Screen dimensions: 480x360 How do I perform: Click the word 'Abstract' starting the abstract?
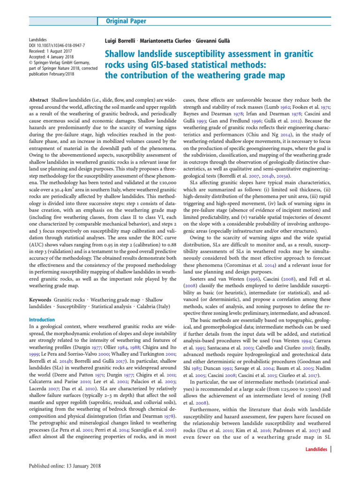pos(38,100)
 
